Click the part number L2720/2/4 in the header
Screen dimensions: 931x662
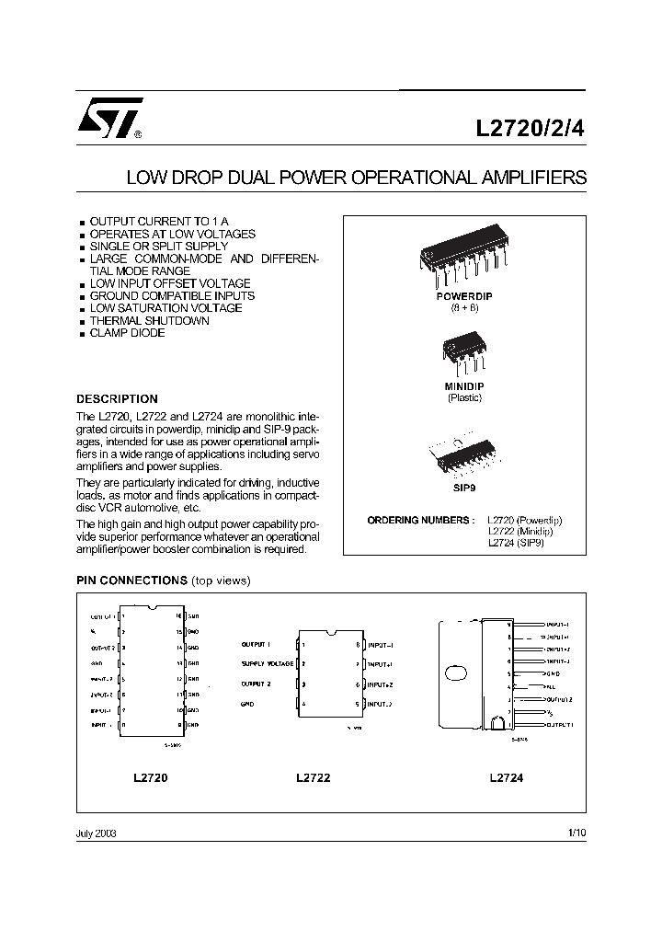(x=530, y=130)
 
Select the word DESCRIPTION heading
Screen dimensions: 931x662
(x=117, y=399)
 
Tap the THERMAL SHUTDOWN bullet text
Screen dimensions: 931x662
(x=149, y=321)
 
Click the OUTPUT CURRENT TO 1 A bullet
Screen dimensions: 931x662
(x=158, y=223)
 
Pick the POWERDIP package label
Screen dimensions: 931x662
(x=464, y=297)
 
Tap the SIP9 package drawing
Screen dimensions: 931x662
(x=463, y=460)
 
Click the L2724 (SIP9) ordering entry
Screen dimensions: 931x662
(x=516, y=543)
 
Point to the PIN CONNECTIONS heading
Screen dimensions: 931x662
(x=131, y=580)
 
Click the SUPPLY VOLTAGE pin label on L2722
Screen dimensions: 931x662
(x=268, y=663)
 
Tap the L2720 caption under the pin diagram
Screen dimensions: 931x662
(x=151, y=777)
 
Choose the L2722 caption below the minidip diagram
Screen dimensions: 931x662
(x=314, y=777)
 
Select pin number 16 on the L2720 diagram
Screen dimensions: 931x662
(x=178, y=616)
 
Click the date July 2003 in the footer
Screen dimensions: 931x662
(x=96, y=833)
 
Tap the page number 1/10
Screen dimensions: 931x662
(x=576, y=833)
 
